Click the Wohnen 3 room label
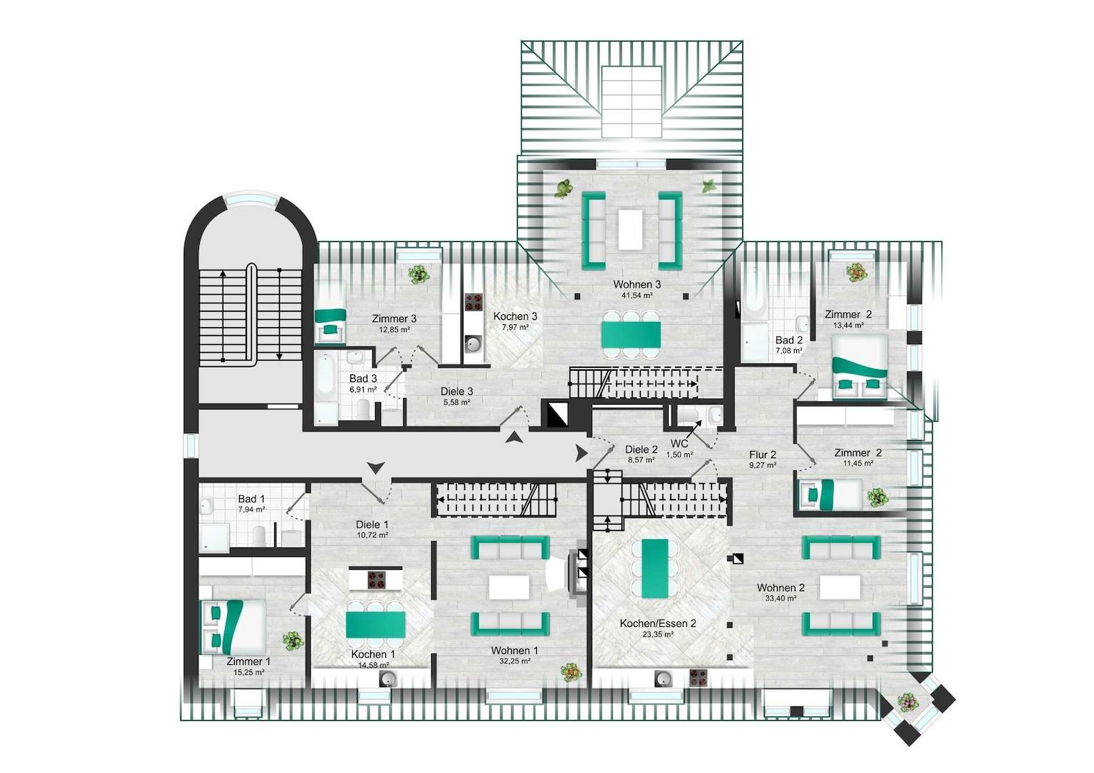tap(637, 284)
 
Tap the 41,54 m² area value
tap(637, 296)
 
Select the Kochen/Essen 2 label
tap(658, 623)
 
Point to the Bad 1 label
tap(251, 499)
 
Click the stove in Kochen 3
tap(473, 302)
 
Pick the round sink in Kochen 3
tap(473, 344)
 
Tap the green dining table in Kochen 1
tap(376, 625)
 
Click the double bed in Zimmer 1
tap(233, 627)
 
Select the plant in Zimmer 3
tap(419, 274)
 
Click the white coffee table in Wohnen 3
tap(631, 230)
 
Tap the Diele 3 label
tap(457, 391)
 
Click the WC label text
tap(679, 443)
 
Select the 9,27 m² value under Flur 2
tap(763, 465)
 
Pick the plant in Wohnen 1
tap(571, 671)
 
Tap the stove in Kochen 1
tap(377, 580)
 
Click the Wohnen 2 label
tap(781, 588)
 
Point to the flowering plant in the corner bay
tap(907, 703)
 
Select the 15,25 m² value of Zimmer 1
tap(249, 672)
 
